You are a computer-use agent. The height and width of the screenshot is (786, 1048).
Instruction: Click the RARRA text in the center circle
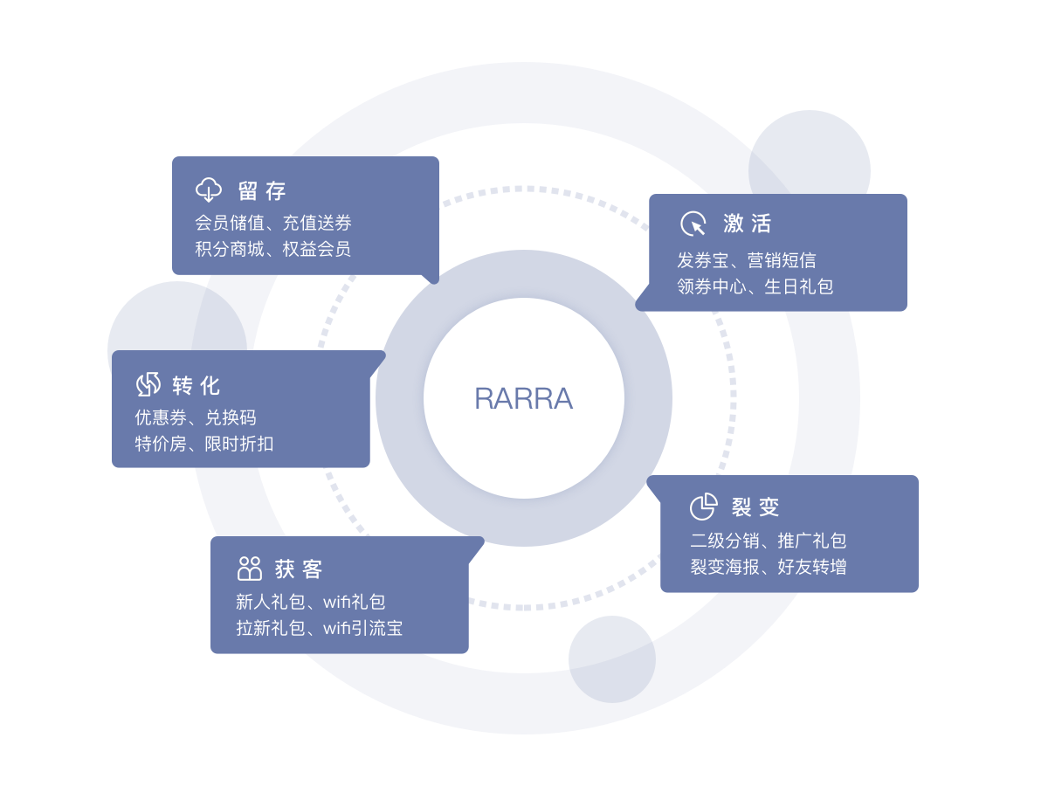[523, 398]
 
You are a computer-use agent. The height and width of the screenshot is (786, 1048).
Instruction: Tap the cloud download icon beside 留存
[209, 190]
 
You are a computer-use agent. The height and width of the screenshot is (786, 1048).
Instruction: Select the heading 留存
[262, 190]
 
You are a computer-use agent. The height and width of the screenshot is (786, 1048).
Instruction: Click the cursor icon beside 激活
[693, 224]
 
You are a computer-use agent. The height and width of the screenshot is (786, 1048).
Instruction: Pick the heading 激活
[748, 224]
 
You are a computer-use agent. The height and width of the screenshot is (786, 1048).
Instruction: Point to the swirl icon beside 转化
[148, 384]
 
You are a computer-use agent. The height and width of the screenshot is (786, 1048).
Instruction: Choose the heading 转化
[196, 385]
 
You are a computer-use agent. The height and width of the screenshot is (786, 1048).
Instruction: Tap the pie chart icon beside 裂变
[703, 507]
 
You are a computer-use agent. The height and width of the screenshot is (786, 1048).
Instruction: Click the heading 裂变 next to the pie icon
[755, 507]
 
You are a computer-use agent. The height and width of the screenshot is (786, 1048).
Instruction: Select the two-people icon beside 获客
[250, 569]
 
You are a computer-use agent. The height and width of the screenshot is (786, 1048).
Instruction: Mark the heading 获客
[299, 569]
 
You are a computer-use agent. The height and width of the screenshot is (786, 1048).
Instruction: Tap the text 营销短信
[782, 260]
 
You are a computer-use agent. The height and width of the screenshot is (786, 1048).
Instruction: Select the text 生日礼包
[798, 286]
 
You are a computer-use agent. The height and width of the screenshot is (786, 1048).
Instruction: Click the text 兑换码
[231, 417]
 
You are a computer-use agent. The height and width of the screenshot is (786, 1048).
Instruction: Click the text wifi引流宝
[362, 628]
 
